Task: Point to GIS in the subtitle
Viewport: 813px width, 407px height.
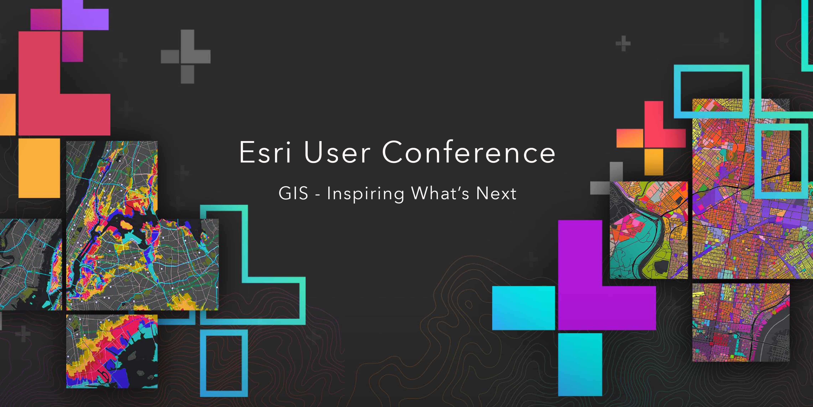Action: pos(293,193)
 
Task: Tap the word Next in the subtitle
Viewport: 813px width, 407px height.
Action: pos(496,193)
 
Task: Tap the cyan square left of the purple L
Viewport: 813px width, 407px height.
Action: pos(524,308)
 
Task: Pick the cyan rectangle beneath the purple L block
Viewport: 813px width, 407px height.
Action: pos(580,364)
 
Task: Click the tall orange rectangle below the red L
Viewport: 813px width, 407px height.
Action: pos(39,168)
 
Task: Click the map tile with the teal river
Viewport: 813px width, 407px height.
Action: pos(649,230)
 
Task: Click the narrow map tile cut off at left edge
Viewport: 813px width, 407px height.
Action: pos(31,264)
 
